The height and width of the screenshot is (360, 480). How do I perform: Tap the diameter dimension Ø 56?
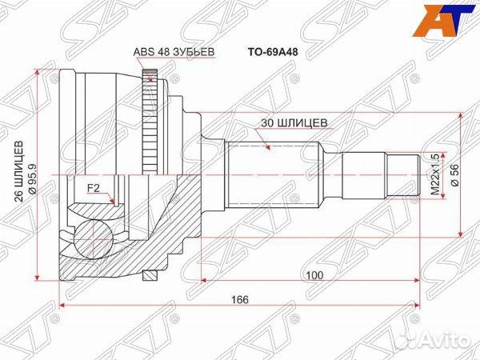click(454, 174)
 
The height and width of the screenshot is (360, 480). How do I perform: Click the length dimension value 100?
click(314, 274)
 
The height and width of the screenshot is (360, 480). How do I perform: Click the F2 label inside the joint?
click(94, 189)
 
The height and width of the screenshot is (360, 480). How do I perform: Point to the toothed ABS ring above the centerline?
click(148, 120)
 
